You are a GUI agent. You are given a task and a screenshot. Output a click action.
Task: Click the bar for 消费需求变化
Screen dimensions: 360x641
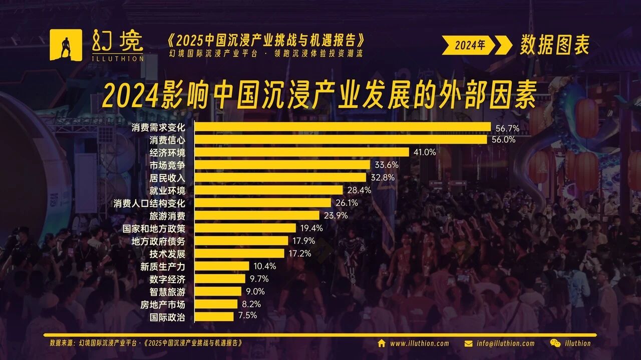(343, 127)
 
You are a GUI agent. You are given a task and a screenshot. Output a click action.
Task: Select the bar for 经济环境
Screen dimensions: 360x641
(302, 152)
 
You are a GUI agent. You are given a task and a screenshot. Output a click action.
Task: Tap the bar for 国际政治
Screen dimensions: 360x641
(214, 316)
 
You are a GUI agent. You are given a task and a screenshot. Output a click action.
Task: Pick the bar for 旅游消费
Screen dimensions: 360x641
(257, 215)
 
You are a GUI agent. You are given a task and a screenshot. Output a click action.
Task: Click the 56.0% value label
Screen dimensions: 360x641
(503, 140)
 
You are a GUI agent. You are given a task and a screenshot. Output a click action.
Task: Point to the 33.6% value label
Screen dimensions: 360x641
(386, 165)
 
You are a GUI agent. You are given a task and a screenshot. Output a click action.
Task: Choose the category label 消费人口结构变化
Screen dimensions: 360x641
(149, 203)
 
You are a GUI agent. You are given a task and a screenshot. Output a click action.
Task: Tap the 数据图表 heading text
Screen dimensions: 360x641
(554, 45)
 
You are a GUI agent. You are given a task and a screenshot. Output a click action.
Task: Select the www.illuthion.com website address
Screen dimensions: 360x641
(420, 343)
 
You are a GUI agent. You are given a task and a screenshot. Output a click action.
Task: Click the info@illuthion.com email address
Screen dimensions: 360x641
(505, 343)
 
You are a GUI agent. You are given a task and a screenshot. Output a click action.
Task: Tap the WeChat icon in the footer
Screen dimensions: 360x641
(555, 343)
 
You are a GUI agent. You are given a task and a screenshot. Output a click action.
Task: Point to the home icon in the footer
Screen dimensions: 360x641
(382, 343)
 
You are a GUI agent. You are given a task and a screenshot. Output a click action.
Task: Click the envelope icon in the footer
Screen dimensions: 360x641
(469, 343)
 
